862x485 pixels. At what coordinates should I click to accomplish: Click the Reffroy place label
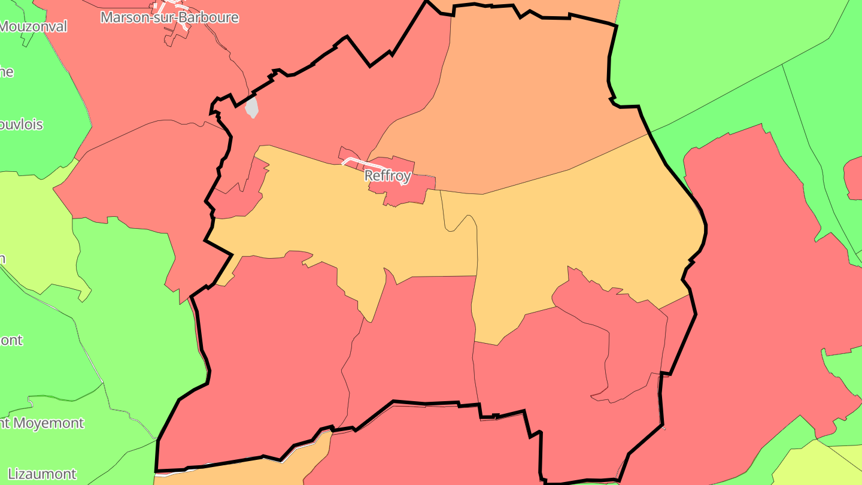tap(387, 175)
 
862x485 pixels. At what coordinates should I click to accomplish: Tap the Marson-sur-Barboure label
tap(169, 17)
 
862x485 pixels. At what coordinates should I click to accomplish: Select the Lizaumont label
tap(42, 474)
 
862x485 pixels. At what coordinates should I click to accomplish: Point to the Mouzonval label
tap(33, 26)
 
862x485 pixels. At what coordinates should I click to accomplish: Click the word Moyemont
tap(48, 423)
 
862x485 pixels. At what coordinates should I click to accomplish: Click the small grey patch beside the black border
tap(252, 108)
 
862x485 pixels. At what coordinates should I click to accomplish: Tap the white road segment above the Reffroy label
tap(366, 162)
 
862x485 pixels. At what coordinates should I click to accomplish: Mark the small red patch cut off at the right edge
tap(854, 177)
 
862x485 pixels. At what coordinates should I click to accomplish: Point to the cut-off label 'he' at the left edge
tap(7, 72)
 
